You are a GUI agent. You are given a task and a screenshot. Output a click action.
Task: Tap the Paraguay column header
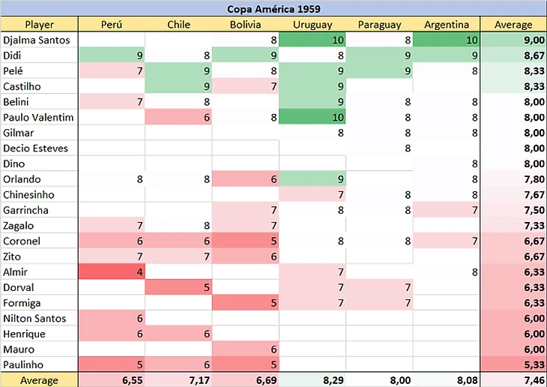point(379,25)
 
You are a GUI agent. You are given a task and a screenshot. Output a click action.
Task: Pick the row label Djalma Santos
point(37,40)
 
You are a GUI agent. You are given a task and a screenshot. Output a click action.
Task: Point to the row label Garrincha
point(26,210)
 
